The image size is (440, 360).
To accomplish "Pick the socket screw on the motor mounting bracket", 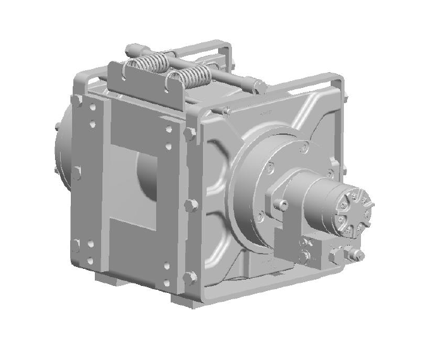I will (281, 204).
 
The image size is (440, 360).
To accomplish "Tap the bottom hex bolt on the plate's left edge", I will (76, 245).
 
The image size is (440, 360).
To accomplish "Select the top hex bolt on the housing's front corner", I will (189, 134).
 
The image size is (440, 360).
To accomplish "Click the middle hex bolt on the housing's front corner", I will (189, 206).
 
